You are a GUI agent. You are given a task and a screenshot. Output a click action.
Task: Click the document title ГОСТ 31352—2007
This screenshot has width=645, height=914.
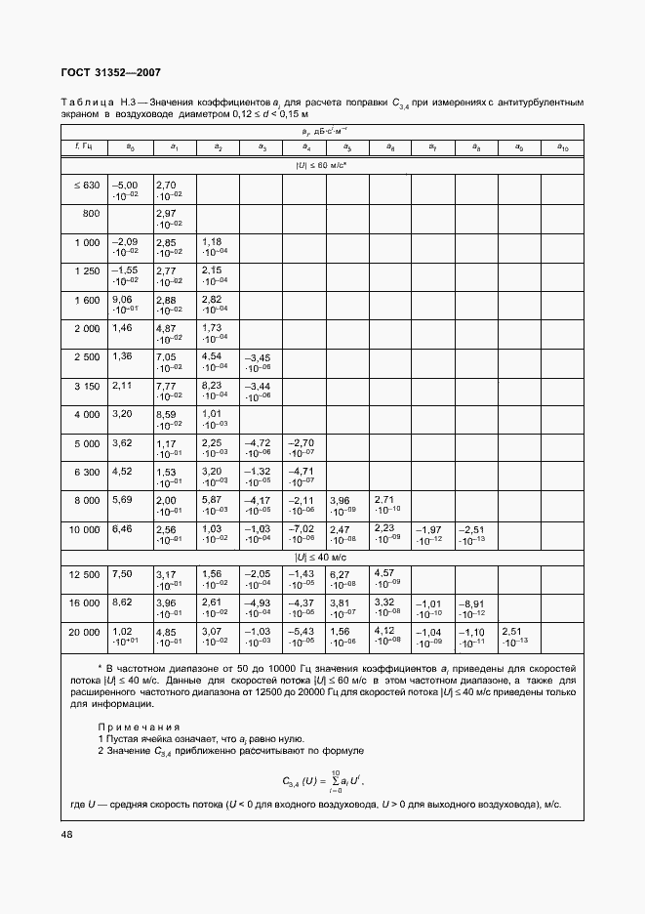tap(112, 73)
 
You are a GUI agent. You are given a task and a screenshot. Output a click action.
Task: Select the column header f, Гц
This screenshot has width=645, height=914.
tap(83, 146)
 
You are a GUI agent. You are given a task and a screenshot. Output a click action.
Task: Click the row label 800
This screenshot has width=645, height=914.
tap(92, 212)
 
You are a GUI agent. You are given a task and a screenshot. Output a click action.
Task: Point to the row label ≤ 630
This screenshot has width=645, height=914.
tap(86, 185)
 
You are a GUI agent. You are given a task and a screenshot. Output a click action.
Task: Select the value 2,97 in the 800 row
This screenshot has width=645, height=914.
tap(166, 213)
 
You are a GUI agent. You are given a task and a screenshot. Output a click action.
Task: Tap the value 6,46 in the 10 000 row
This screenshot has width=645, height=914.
tap(123, 528)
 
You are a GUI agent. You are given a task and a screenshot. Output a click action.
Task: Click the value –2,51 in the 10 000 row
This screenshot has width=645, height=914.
tap(472, 528)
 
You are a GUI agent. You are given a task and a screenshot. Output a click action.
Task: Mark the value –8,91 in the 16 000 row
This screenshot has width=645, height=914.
tap(472, 603)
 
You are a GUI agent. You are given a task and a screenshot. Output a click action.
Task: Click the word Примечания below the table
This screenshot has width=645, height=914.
tap(139, 727)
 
